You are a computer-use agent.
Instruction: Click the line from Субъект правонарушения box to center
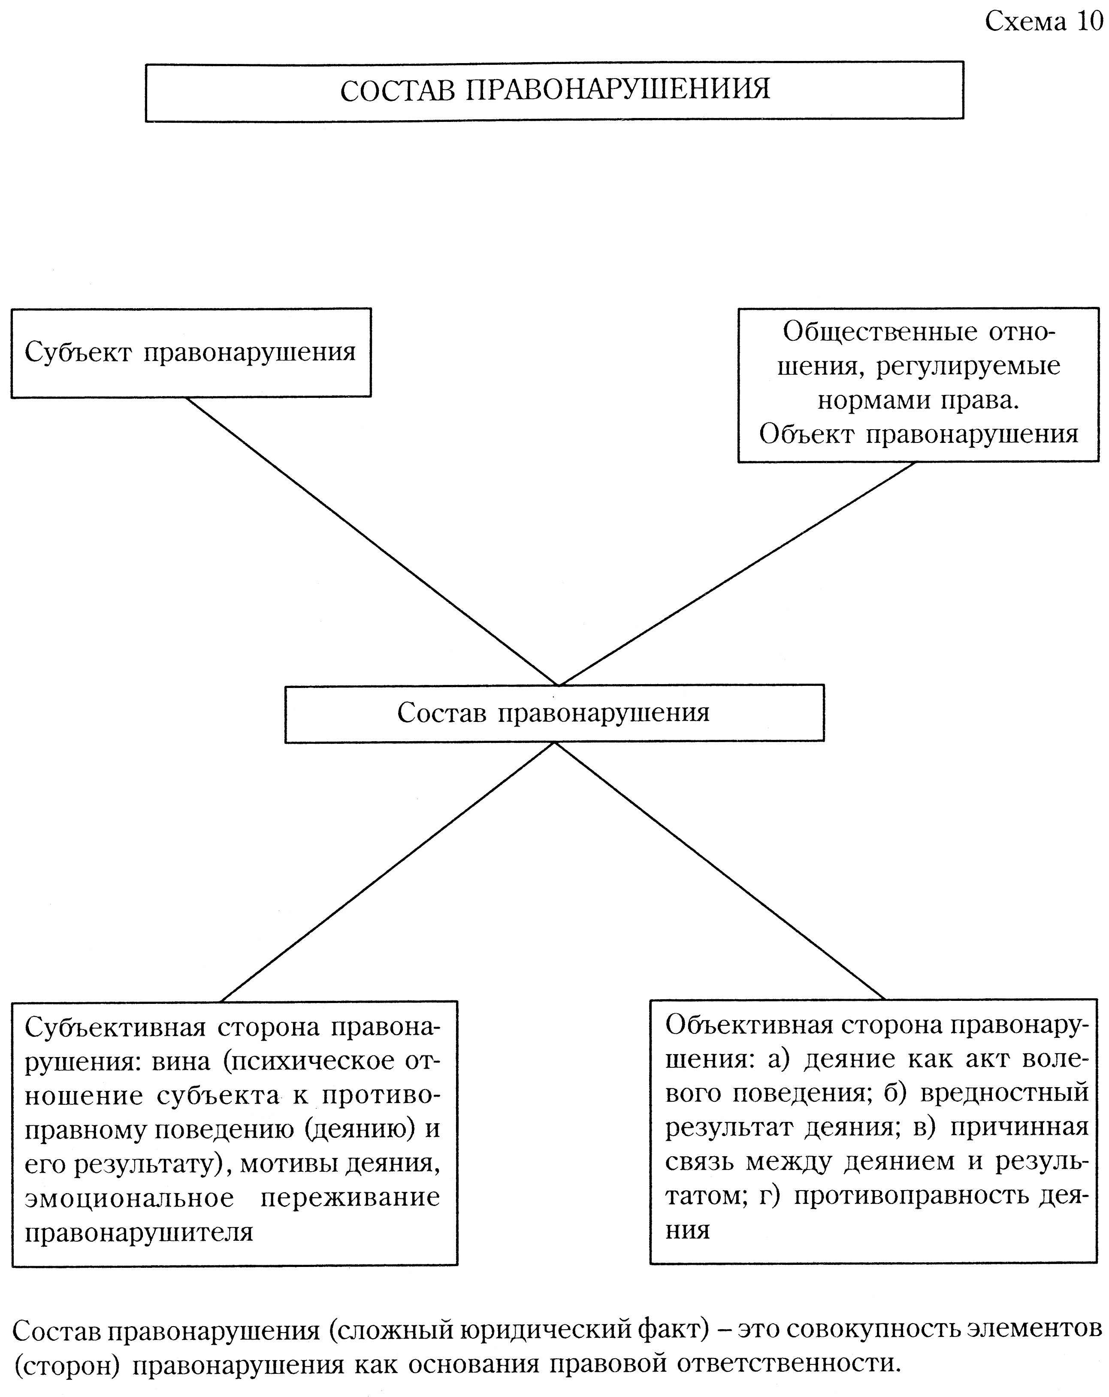pyautogui.click(x=372, y=542)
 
